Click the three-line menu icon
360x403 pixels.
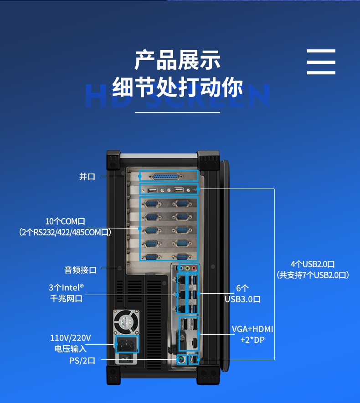pos(321,62)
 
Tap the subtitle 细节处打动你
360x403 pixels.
pos(178,87)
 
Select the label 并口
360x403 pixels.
pos(87,177)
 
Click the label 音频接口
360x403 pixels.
pos(80,270)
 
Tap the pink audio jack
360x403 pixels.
pos(194,268)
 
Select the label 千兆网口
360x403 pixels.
pos(67,299)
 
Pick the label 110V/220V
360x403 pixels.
pos(70,338)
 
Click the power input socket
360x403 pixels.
pos(127,344)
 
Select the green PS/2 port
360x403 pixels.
pos(181,361)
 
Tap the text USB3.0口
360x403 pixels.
pos(242,299)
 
